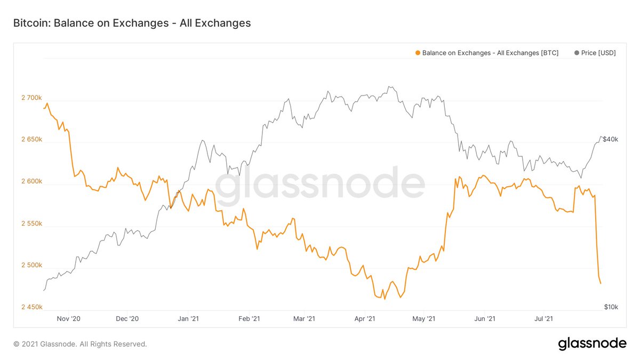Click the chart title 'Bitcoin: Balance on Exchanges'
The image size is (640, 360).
(x=132, y=23)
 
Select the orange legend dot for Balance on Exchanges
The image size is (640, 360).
(x=417, y=53)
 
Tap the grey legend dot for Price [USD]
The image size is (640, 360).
(x=577, y=53)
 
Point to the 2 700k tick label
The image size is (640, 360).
(x=31, y=98)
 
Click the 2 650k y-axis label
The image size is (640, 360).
(x=31, y=140)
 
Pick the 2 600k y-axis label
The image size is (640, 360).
(x=31, y=182)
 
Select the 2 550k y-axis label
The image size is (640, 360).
(x=31, y=223)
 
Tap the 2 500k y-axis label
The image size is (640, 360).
(x=31, y=266)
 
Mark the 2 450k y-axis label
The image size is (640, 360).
(x=31, y=307)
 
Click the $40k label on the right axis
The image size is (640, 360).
(x=610, y=139)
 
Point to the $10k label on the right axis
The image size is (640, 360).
(x=611, y=307)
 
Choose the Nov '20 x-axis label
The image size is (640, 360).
(x=68, y=319)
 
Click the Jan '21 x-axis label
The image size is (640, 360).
(x=188, y=319)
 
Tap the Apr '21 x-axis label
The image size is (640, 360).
(x=365, y=319)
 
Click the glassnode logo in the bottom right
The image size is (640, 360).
(x=592, y=344)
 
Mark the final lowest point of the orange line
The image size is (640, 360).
(x=601, y=283)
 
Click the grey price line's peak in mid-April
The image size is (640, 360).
(x=390, y=86)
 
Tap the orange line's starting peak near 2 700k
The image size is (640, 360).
(x=47, y=103)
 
